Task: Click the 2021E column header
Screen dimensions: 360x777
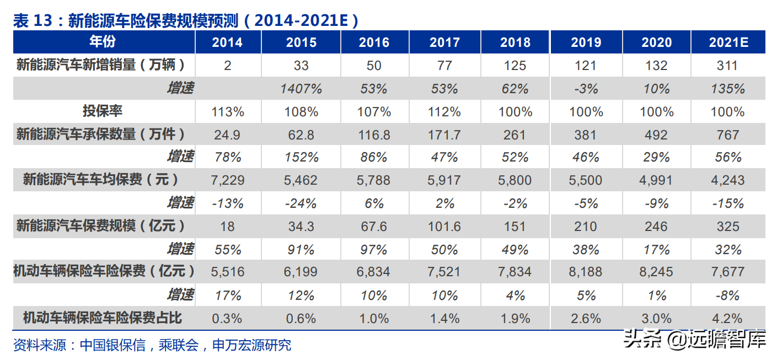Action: point(727,42)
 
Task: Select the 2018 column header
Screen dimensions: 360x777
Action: point(515,42)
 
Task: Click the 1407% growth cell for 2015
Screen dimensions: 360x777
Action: point(301,89)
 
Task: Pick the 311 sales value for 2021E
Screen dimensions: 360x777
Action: point(727,66)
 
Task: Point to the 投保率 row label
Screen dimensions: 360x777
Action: point(103,111)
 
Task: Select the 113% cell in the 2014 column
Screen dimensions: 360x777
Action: point(227,112)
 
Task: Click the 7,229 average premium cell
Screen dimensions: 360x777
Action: point(227,180)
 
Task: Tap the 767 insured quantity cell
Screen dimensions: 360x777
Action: point(727,135)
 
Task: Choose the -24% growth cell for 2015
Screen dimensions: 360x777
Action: point(301,203)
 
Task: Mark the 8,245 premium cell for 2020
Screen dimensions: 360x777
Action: point(657,272)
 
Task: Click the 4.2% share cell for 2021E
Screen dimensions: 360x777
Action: point(727,318)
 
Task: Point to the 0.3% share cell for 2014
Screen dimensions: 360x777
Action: point(227,318)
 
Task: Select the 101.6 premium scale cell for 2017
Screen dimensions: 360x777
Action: point(444,227)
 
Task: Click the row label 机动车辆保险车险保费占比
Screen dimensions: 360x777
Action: point(103,318)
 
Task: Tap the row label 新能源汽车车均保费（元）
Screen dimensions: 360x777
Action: point(103,180)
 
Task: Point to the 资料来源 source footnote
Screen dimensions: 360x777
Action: point(152,345)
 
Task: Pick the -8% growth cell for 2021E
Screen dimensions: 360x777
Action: point(727,295)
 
